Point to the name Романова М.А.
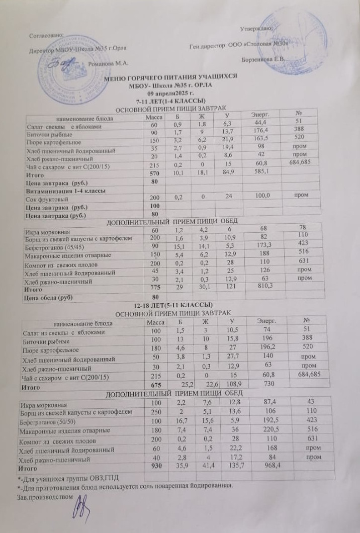click(x=109, y=64)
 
